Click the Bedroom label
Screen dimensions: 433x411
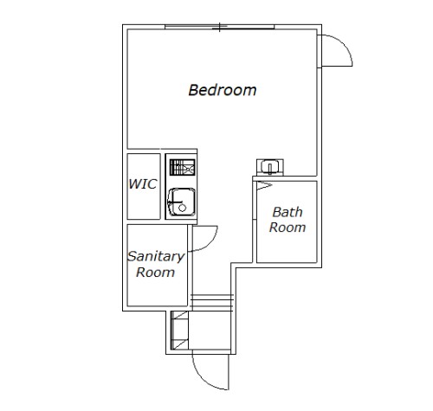tap(223, 90)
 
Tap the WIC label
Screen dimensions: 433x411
tap(143, 184)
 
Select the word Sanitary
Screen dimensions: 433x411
tap(156, 257)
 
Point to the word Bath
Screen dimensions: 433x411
tap(288, 212)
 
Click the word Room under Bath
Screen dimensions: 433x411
tap(288, 228)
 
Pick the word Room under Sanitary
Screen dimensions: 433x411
tap(155, 273)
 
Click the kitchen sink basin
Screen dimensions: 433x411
tap(182, 202)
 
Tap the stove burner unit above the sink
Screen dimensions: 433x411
tap(182, 167)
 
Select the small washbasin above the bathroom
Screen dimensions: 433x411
tap(270, 167)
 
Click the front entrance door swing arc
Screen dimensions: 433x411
tap(202, 379)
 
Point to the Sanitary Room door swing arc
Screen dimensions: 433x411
tap(210, 243)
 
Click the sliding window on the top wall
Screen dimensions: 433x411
tap(220, 27)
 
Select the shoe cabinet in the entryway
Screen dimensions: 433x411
tap(179, 331)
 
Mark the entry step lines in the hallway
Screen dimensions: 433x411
tap(211, 303)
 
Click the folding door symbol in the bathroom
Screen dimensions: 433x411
tap(263, 185)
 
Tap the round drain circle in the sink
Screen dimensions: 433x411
tap(182, 208)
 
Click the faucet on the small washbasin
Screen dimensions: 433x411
tap(270, 169)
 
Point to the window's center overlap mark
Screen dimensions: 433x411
tap(220, 27)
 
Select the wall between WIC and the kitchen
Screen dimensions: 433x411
tap(163, 186)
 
